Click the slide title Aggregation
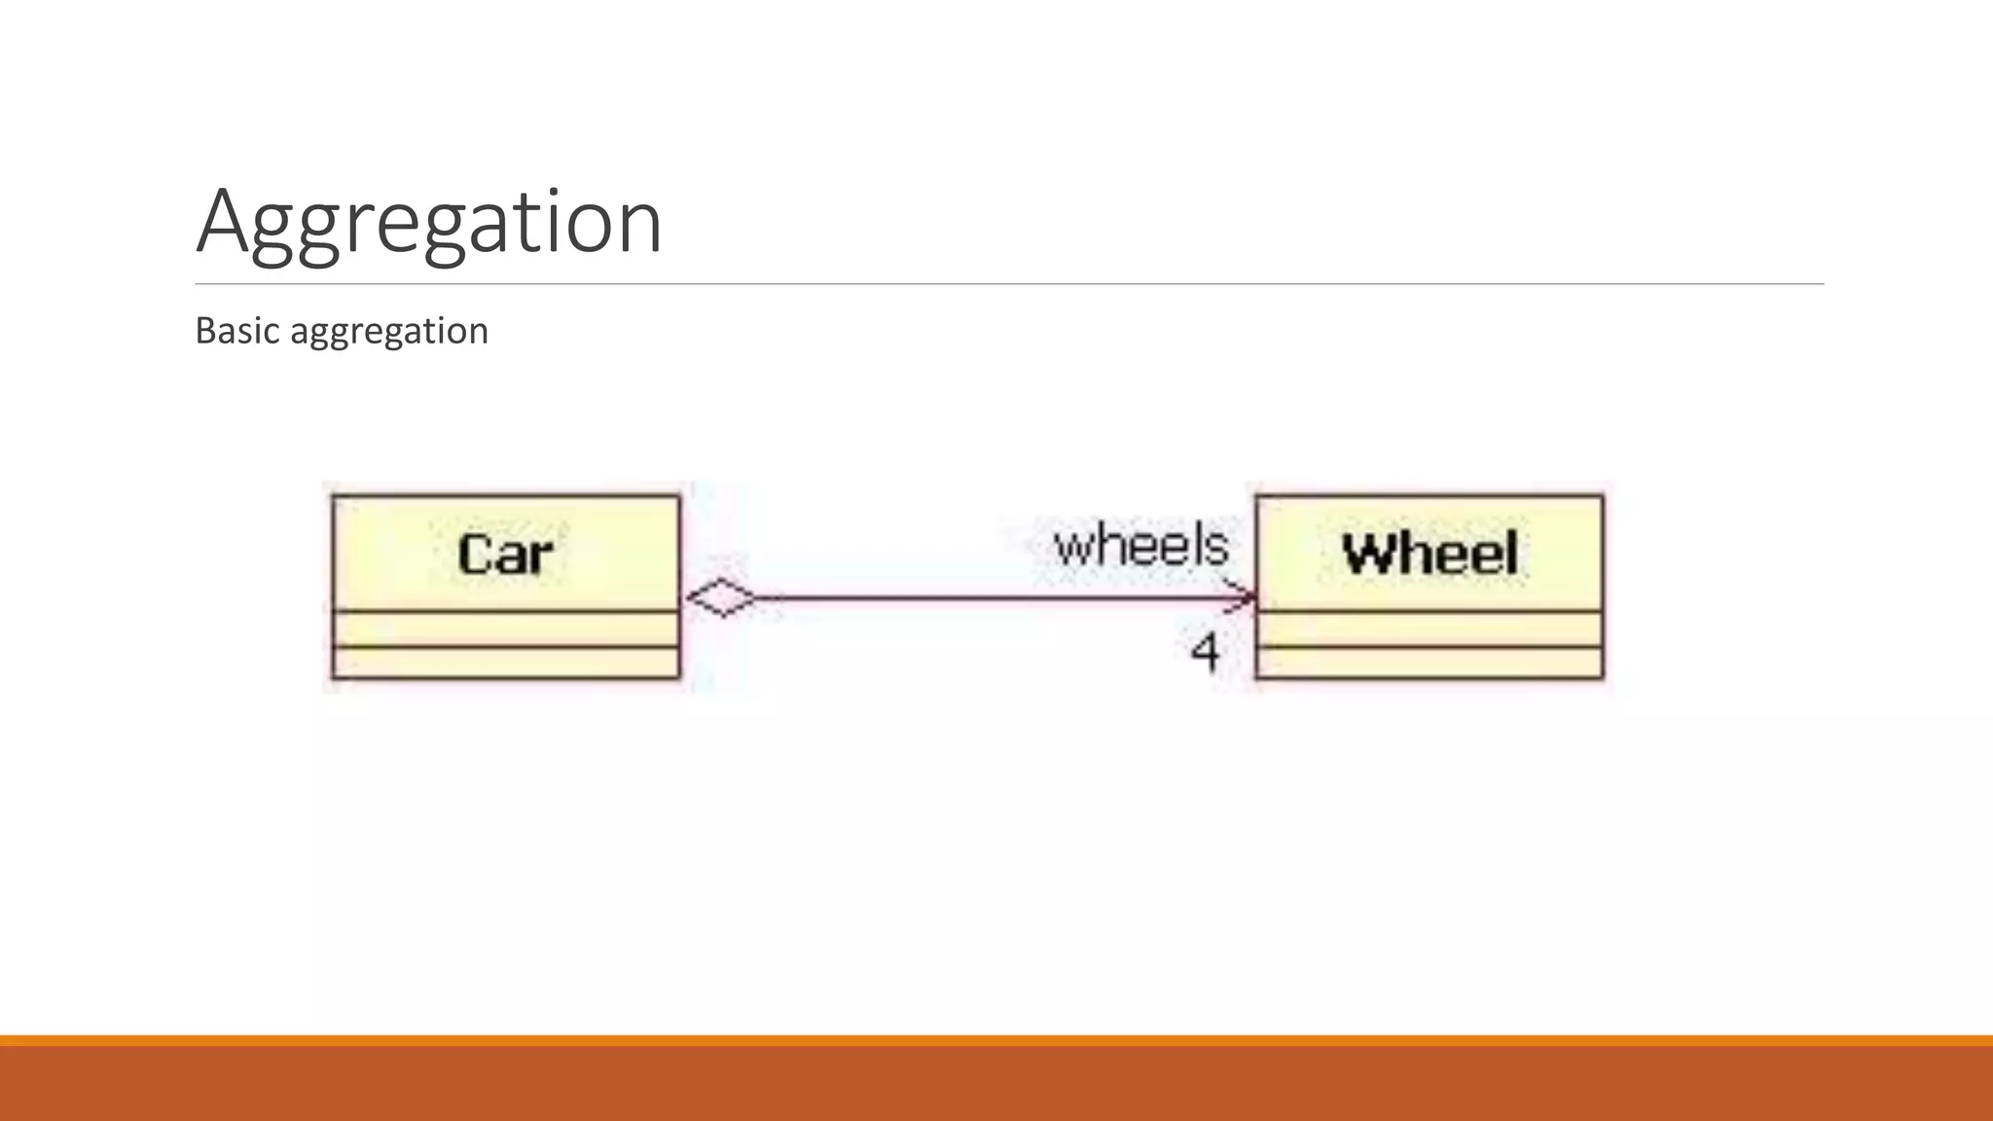click(x=429, y=222)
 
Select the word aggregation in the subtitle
click(x=389, y=332)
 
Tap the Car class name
click(x=505, y=555)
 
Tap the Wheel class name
click(x=1430, y=554)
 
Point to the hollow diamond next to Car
click(x=721, y=597)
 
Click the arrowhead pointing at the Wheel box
click(x=1244, y=597)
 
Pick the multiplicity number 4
click(x=1205, y=651)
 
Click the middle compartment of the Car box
click(x=506, y=629)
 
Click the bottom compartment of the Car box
click(x=506, y=663)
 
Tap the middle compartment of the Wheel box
click(x=1430, y=629)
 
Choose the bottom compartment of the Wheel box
click(x=1430, y=663)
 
